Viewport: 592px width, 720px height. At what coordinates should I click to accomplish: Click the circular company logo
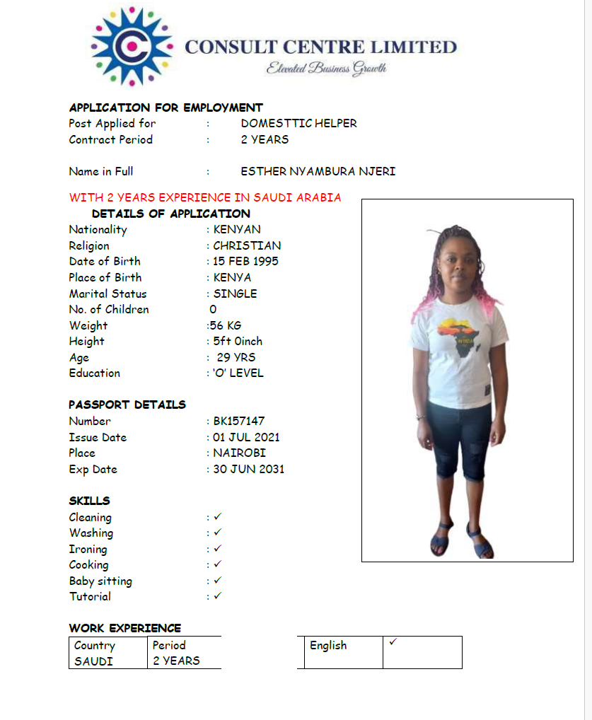tap(132, 47)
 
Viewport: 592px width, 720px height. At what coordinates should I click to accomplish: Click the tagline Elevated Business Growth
tap(326, 69)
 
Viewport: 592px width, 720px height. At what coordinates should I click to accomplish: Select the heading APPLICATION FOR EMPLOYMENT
tap(166, 108)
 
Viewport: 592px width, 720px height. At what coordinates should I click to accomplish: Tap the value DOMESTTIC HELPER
tap(298, 123)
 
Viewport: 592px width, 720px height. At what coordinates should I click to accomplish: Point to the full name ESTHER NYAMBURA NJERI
tap(318, 171)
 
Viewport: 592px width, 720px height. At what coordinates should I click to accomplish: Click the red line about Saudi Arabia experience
tap(205, 197)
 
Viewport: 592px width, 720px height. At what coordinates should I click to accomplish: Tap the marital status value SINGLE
tap(235, 294)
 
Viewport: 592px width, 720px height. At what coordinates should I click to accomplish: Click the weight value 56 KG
tap(225, 325)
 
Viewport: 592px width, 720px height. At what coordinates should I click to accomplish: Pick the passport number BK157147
tap(239, 421)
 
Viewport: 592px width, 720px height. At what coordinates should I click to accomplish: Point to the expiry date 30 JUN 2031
tap(249, 469)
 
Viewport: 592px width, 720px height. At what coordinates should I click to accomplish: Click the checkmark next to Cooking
tap(218, 564)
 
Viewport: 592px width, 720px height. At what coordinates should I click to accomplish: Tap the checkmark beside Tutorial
tap(218, 596)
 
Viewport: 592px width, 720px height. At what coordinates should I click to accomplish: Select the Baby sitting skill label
tap(100, 581)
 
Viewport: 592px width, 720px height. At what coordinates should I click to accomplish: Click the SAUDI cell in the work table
tap(93, 661)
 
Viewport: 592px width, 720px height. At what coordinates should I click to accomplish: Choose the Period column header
tap(169, 645)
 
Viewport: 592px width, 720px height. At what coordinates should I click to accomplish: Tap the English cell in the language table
tap(328, 645)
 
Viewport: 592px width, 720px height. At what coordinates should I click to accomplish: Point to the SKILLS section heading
tap(89, 501)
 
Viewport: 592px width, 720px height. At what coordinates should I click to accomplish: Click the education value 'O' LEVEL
tap(238, 373)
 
